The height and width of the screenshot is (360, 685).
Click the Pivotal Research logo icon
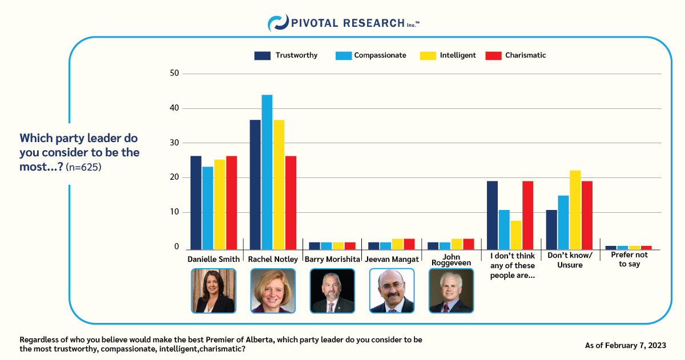coord(277,23)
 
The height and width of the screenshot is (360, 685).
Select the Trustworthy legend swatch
coord(262,55)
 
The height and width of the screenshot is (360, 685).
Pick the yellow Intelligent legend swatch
coord(428,55)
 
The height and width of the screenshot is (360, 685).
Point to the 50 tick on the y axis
coord(175,74)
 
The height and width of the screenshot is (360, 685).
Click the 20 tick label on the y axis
coord(175,178)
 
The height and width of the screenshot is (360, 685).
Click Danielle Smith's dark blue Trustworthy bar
coord(196,203)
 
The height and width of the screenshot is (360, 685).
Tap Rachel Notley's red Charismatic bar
coord(291,203)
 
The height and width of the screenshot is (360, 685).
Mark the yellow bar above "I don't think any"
coord(516,235)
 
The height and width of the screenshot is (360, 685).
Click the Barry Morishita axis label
coord(332,259)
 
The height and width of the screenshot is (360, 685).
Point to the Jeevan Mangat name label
coord(391,259)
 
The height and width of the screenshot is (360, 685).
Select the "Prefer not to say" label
coord(629,260)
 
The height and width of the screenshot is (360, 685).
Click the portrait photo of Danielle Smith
coord(213,291)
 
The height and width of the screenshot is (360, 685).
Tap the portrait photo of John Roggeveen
coord(450,291)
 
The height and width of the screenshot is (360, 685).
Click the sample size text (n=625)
coord(83,168)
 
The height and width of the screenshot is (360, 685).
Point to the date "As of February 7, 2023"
coord(625,345)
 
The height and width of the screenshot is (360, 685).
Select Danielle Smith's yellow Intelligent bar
coord(220,204)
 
